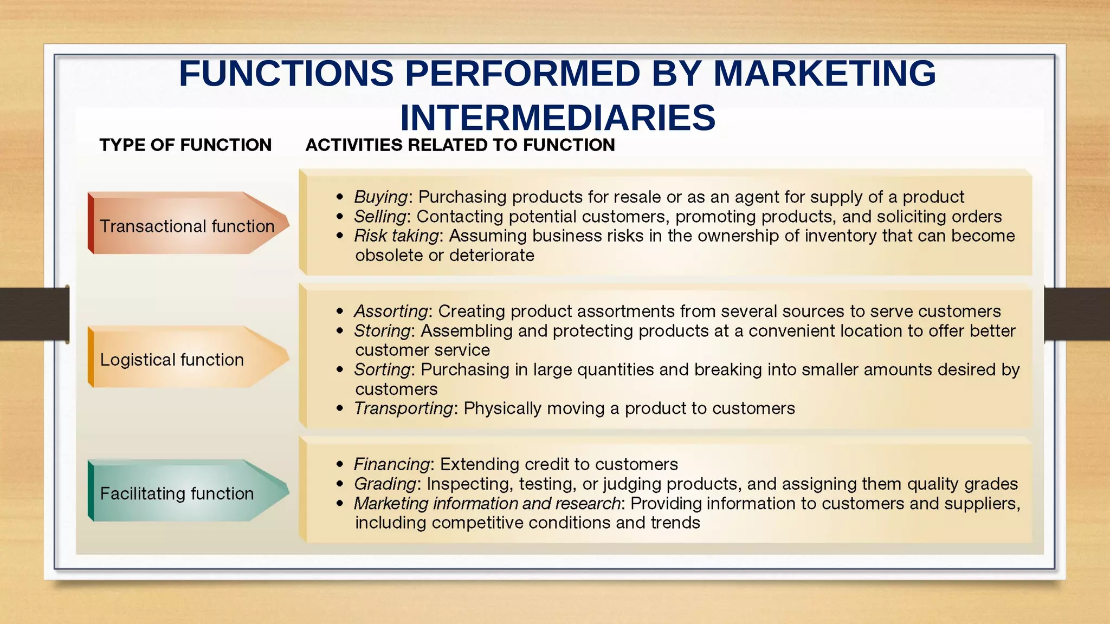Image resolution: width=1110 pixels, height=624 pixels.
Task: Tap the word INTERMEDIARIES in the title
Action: (x=558, y=118)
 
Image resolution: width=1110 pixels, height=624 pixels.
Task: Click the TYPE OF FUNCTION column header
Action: (x=185, y=145)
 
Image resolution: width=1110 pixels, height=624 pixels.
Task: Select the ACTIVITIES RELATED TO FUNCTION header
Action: (x=460, y=145)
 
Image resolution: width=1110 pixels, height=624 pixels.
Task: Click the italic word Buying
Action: (x=380, y=197)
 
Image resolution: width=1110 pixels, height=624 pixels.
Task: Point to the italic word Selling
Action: (x=379, y=216)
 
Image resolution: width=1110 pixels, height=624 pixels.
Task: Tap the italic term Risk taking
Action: (x=396, y=236)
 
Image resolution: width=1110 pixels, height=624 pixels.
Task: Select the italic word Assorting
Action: (x=391, y=311)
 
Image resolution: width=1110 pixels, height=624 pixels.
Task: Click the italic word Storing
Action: (x=382, y=330)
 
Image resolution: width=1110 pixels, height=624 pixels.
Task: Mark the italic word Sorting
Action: (x=382, y=369)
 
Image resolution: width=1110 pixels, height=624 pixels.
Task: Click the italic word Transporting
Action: (x=403, y=408)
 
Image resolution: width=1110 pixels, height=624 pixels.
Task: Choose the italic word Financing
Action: (x=392, y=464)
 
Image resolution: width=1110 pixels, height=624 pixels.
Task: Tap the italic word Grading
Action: (x=385, y=484)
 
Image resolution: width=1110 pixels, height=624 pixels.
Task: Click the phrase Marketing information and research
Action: (x=487, y=503)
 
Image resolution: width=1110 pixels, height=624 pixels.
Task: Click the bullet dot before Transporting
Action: (x=340, y=408)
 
